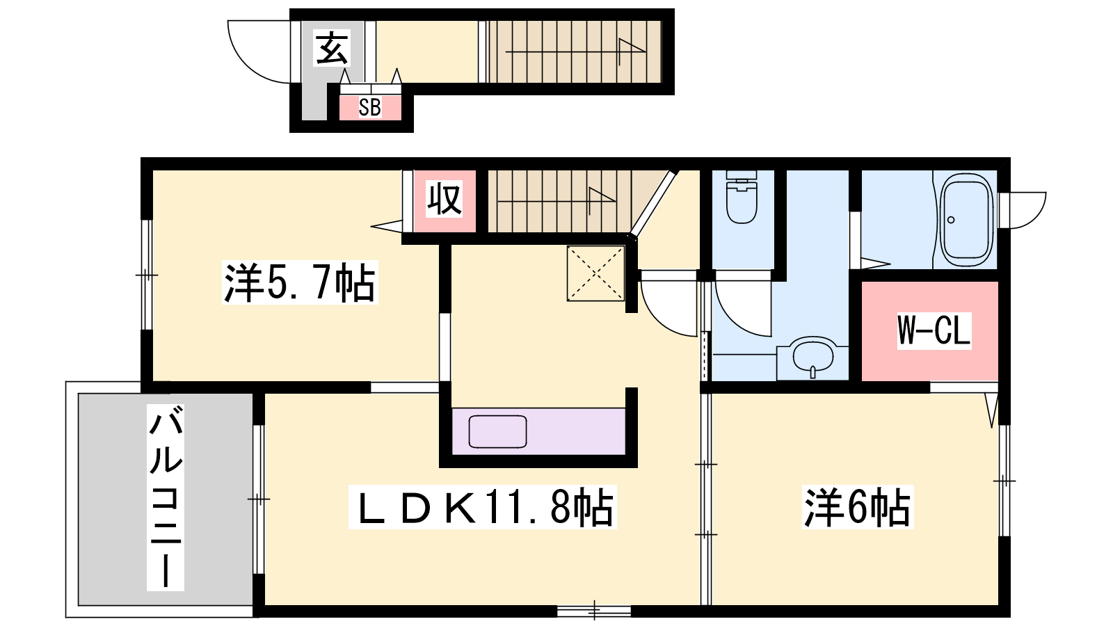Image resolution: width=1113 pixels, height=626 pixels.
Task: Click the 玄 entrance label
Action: point(332,48)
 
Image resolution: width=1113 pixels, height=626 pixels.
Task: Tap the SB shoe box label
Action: point(369,107)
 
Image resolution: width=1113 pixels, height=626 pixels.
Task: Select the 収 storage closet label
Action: point(445,199)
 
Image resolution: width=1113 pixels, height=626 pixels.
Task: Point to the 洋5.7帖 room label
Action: point(300,282)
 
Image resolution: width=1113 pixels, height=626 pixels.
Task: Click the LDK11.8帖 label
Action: point(482,507)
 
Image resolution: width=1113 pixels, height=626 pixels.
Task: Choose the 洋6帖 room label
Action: point(858,507)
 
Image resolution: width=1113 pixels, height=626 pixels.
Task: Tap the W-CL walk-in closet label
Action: point(934,330)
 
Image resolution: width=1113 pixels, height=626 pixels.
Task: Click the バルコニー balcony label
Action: point(166,497)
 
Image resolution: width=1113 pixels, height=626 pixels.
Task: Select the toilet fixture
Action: point(742,197)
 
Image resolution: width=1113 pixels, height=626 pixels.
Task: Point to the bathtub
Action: point(966,220)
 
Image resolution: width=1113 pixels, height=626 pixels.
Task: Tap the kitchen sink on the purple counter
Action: point(498,431)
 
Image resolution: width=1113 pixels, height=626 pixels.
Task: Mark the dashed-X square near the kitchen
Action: point(595,273)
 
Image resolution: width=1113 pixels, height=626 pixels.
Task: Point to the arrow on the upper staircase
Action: point(575,51)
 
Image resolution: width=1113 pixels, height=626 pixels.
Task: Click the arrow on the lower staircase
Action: point(556,201)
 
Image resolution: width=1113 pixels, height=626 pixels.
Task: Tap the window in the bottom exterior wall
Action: point(594,611)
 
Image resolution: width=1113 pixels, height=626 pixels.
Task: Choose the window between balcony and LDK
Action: point(258,499)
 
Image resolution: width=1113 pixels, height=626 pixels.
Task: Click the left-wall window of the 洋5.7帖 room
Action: point(147,275)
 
